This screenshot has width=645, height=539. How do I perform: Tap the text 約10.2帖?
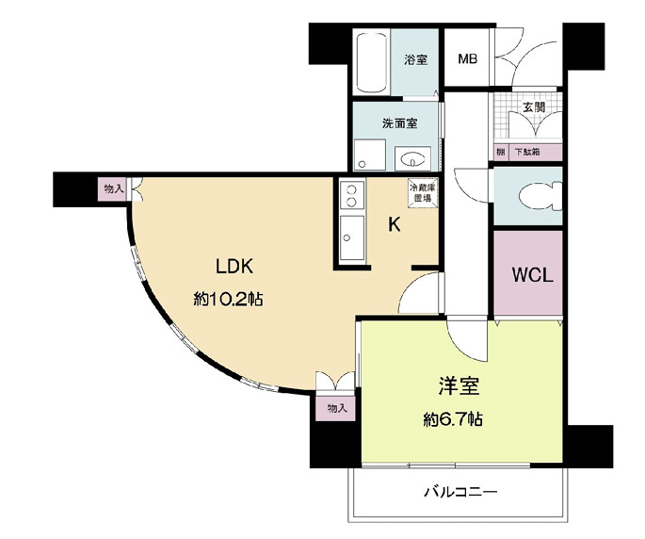[x=228, y=300]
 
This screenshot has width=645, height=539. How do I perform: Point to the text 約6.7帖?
[x=454, y=419]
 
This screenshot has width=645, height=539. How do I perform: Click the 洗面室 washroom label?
[x=399, y=123]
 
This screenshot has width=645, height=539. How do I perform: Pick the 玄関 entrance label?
[x=533, y=107]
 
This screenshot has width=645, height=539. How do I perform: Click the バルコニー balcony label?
[x=460, y=492]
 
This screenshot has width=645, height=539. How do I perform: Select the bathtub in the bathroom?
[x=371, y=62]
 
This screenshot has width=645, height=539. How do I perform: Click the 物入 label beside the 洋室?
[x=336, y=407]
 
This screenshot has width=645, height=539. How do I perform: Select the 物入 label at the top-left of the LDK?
[x=113, y=189]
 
